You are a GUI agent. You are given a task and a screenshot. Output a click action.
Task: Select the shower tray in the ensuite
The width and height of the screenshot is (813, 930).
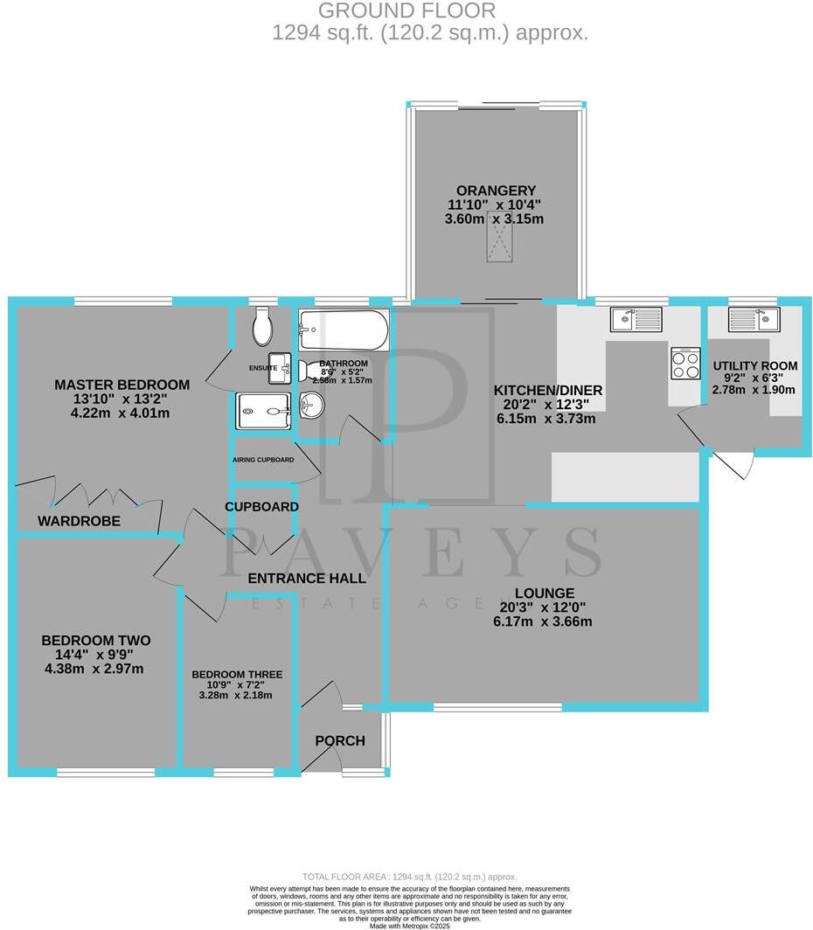[262, 409]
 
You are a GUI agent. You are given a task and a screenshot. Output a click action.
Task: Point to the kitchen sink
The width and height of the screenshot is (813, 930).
[636, 319]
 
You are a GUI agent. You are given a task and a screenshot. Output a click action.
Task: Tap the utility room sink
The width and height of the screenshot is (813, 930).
[754, 319]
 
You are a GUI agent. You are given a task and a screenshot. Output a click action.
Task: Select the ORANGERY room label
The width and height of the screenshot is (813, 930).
[495, 191]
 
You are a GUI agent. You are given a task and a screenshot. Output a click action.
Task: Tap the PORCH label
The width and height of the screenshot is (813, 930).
[340, 741]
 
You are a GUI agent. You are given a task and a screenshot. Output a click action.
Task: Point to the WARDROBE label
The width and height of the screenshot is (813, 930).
[79, 521]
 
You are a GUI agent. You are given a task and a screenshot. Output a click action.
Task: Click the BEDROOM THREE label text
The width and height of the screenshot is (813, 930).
[237, 674]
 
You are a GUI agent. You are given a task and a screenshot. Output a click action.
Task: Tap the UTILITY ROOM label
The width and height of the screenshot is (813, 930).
[754, 365]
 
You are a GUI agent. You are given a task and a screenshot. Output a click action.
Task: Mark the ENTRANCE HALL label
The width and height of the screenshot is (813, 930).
[306, 578]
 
